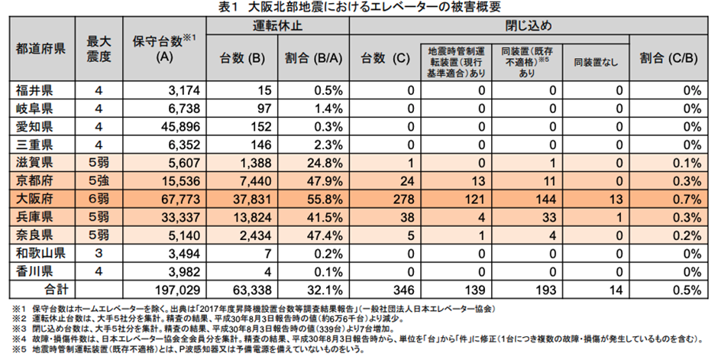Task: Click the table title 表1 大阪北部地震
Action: point(359,8)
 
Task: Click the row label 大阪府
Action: point(34,198)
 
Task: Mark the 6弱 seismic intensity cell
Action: point(99,198)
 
